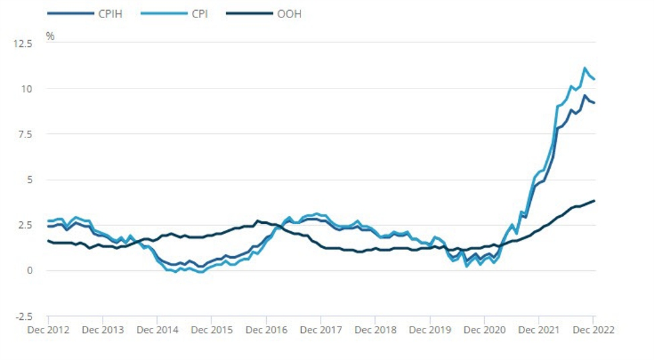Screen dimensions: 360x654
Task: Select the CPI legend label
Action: pyautogui.click(x=194, y=13)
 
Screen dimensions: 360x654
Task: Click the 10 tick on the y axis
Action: pyautogui.click(x=26, y=88)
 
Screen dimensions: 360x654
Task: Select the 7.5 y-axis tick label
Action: pyautogui.click(x=24, y=134)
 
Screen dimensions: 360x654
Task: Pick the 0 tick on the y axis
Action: pyautogui.click(x=29, y=271)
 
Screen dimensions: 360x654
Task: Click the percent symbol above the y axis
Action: pyautogui.click(x=50, y=36)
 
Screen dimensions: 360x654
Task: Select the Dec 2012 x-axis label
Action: pyautogui.click(x=48, y=330)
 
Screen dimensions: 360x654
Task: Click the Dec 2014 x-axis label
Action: pyautogui.click(x=157, y=330)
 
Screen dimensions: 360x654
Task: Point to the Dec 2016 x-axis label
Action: pyautogui.click(x=266, y=330)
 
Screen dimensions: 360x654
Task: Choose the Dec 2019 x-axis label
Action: pyautogui.click(x=430, y=330)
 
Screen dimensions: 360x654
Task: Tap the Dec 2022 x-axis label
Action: pyautogui.click(x=594, y=330)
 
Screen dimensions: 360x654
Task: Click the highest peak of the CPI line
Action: pyautogui.click(x=585, y=68)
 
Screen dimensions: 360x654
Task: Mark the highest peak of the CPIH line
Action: pyautogui.click(x=585, y=96)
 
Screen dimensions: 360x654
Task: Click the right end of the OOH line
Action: pyautogui.click(x=594, y=200)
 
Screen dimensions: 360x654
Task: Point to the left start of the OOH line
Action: pyautogui.click(x=48, y=241)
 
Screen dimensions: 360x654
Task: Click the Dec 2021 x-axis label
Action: pyautogui.click(x=539, y=330)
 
